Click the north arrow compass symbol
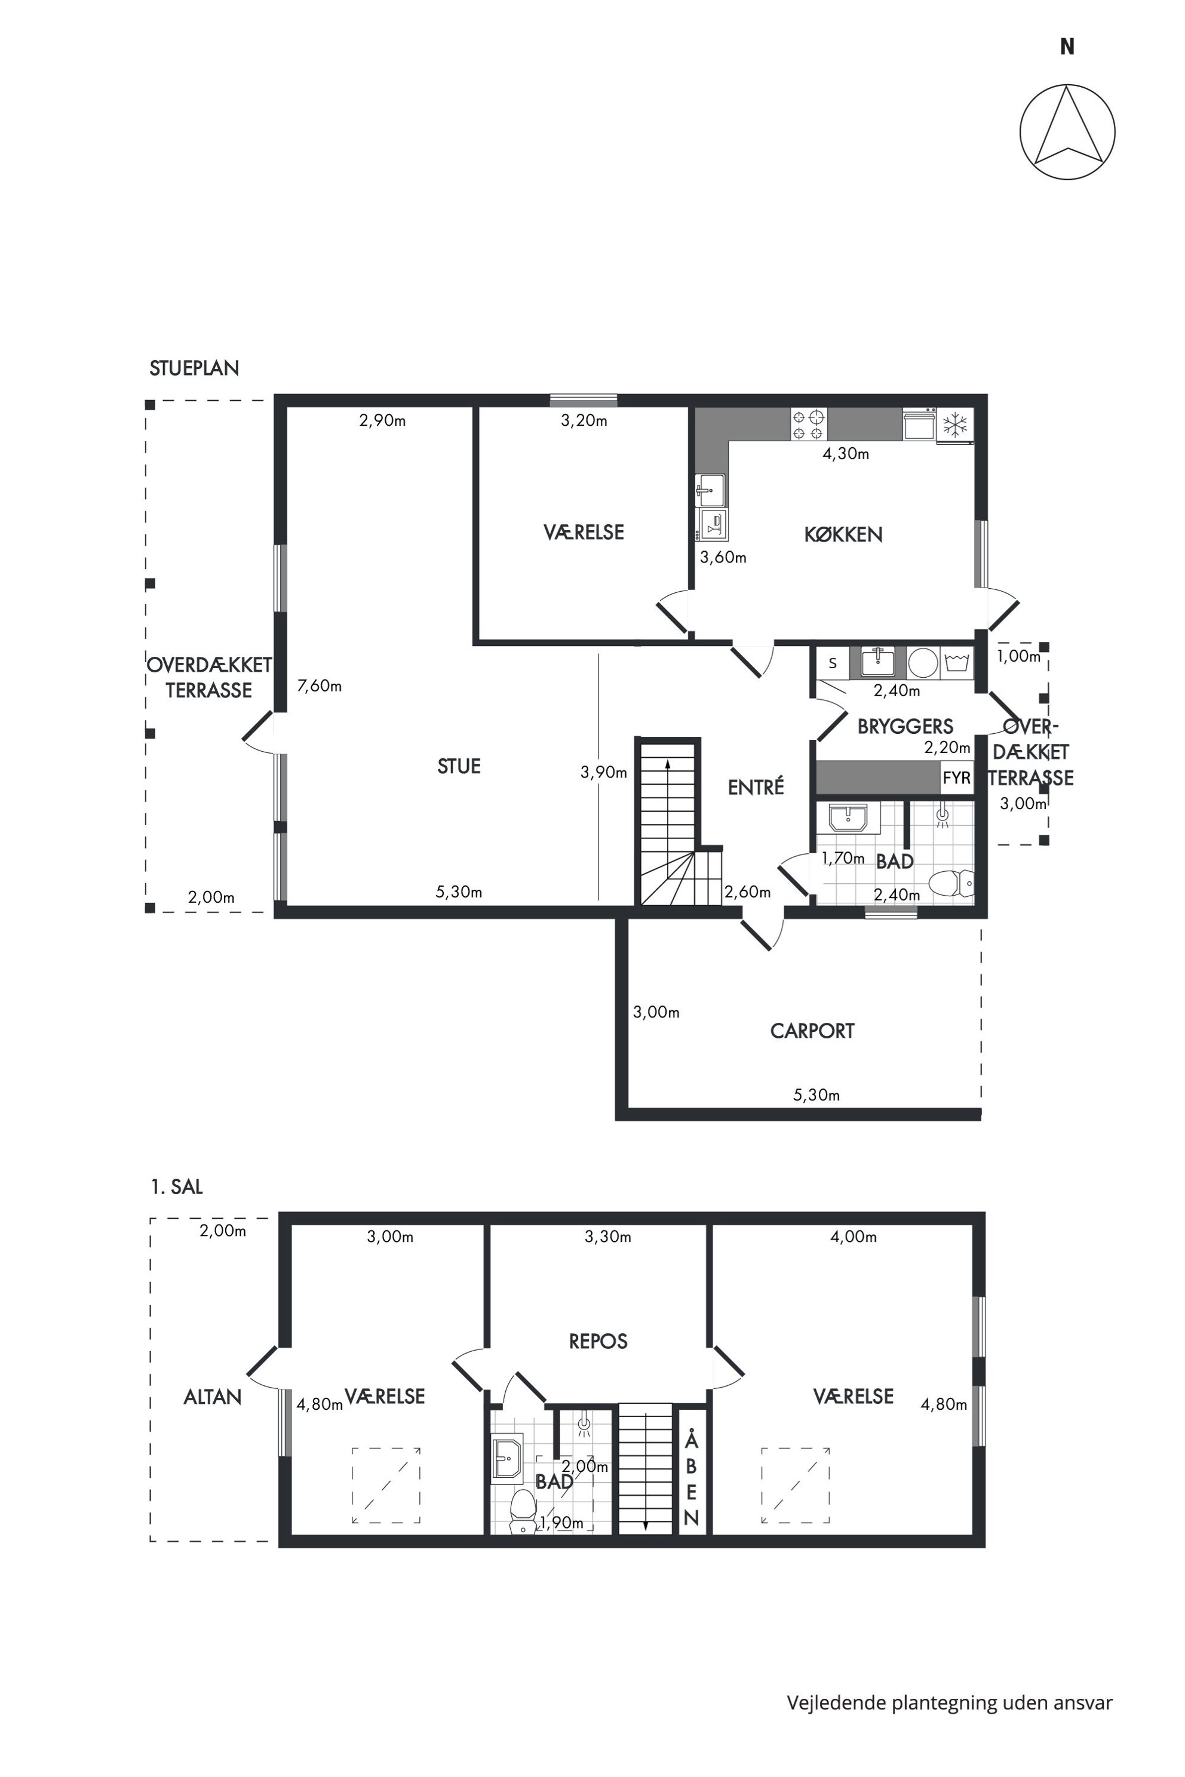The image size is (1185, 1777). [1067, 132]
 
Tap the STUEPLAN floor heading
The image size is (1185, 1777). [194, 368]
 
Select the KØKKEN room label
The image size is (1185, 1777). [843, 535]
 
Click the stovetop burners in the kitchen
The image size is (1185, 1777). [809, 424]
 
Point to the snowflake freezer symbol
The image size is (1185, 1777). [955, 425]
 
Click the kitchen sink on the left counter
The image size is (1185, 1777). [710, 490]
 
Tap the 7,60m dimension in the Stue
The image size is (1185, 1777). [320, 686]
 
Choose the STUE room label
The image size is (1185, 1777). [459, 766]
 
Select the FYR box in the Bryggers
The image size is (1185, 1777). [957, 777]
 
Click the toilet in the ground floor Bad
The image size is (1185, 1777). [951, 883]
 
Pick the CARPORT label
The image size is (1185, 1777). [812, 1031]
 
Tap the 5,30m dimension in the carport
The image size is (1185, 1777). [816, 1095]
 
